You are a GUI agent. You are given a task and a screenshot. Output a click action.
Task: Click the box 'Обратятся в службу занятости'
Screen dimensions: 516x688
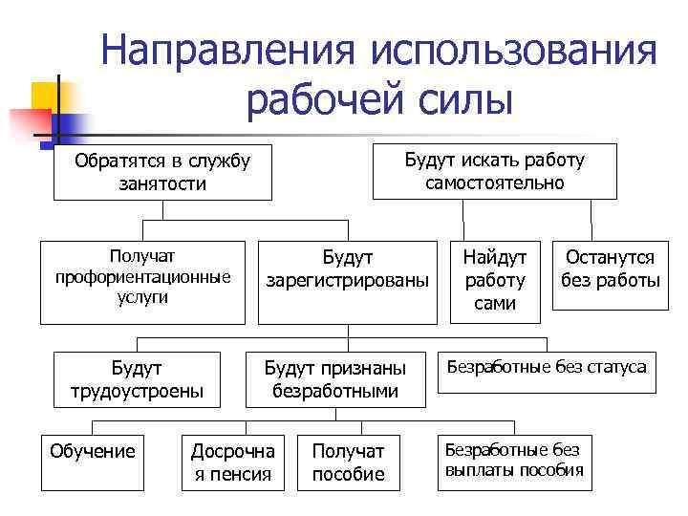coord(162,172)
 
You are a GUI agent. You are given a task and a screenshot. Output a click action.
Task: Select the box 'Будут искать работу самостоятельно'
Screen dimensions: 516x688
coord(495,171)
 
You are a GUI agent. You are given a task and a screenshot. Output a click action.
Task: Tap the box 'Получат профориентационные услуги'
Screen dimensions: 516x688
coord(143,282)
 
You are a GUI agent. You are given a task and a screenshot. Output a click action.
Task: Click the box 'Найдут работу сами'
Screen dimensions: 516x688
coord(495,280)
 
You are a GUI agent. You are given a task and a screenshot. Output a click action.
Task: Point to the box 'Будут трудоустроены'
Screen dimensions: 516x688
coord(137,379)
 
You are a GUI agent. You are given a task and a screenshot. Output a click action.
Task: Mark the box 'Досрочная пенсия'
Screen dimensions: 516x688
coord(233,462)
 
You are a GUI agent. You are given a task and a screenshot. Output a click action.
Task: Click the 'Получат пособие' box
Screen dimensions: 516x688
coord(348,462)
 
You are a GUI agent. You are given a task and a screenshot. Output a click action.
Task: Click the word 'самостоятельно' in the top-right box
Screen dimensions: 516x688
coord(495,183)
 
